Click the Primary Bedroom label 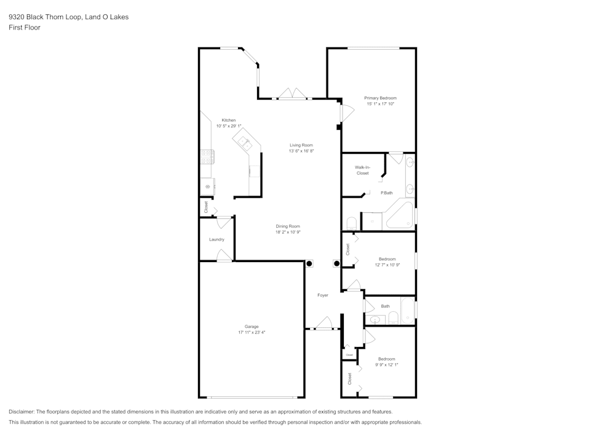pos(380,98)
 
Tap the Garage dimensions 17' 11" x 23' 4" pos(252,332)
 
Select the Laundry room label pos(216,239)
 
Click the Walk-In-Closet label pos(362,170)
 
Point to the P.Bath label pos(386,193)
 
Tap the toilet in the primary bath pos(351,223)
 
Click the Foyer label pos(323,295)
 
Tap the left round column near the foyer pos(309,263)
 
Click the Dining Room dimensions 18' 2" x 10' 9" pos(288,232)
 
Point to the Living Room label pos(301,145)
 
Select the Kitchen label pos(229,120)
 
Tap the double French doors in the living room pos(292,94)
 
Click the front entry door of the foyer pos(324,323)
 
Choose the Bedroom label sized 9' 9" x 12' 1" pos(387,359)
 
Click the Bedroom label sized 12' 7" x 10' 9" pos(387,259)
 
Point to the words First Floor pos(25,28)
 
